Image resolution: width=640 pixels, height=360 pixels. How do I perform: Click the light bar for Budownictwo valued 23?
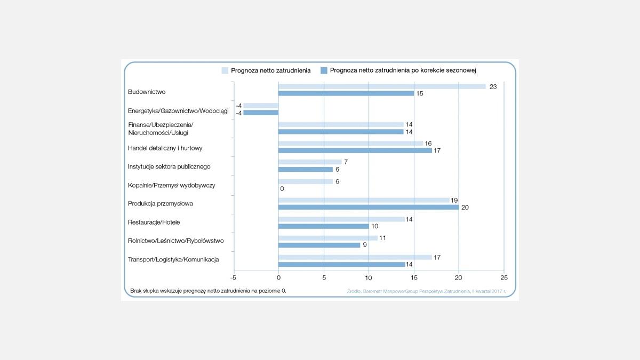tap(382, 86)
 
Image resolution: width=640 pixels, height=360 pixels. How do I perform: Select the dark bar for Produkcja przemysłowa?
tap(369, 207)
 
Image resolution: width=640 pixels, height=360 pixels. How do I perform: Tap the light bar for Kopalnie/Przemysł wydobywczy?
tap(306, 181)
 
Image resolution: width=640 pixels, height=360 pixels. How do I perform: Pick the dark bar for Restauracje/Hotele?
tap(323, 226)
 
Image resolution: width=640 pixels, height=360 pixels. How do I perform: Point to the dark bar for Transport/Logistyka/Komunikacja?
tap(341, 264)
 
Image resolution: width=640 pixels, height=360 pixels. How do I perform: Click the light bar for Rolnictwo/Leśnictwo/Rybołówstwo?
tap(328, 238)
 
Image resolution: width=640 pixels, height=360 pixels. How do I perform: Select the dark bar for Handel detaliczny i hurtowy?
tap(355, 150)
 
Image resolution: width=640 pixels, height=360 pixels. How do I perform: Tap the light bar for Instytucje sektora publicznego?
tap(310, 162)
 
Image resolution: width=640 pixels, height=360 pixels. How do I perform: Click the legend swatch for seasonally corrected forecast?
tap(323, 70)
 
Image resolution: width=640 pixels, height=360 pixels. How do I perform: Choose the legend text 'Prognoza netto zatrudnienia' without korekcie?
tap(271, 70)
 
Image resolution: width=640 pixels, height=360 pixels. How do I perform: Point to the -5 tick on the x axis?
tap(233, 277)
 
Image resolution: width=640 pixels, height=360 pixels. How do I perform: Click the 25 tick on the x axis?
tap(504, 277)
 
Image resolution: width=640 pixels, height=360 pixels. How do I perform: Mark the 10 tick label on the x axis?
tap(369, 277)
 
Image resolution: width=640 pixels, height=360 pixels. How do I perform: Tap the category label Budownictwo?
tap(147, 92)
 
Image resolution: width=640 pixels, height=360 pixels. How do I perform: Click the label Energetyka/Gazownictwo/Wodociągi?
tap(178, 111)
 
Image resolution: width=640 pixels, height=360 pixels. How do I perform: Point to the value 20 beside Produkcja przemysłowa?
tap(465, 207)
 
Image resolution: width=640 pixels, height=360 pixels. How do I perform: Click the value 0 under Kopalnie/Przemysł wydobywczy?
tap(282, 189)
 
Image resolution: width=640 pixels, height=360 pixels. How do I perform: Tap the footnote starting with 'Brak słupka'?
tap(212, 291)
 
